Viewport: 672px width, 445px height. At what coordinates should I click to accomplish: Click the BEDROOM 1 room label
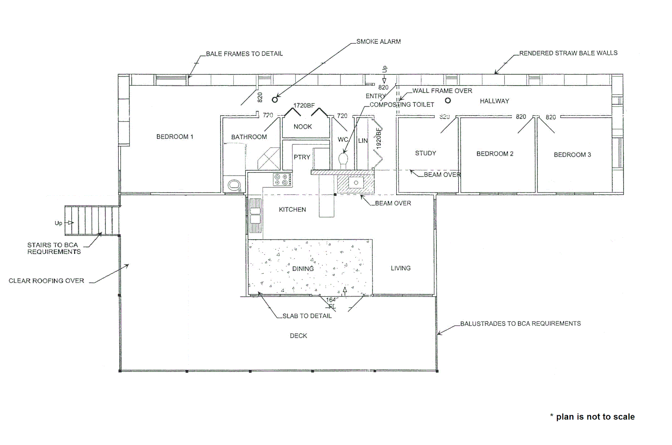(x=175, y=137)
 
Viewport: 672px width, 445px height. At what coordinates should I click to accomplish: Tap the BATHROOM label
(x=249, y=137)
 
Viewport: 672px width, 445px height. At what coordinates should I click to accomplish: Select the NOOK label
(x=303, y=126)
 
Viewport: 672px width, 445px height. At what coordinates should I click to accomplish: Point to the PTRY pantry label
(x=302, y=157)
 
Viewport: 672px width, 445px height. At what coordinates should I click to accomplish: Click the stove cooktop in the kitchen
(x=282, y=180)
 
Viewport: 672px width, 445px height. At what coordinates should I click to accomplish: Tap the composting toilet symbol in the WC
(x=343, y=159)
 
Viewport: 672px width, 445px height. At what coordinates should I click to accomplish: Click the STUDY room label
(x=425, y=153)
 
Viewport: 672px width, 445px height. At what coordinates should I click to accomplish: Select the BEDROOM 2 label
(x=495, y=154)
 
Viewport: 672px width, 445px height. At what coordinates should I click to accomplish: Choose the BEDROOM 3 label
(x=572, y=155)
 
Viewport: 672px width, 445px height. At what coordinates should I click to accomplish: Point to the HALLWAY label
(x=494, y=101)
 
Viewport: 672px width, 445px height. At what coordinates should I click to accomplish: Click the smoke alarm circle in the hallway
(x=448, y=100)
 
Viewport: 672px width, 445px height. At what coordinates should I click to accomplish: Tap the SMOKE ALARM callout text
(x=378, y=42)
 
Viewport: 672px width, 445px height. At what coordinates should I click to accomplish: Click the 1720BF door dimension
(x=304, y=105)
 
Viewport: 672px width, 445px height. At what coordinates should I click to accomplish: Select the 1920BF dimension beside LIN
(x=379, y=138)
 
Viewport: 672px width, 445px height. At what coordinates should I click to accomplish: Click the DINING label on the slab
(x=303, y=269)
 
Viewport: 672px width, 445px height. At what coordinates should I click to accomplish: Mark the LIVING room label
(x=401, y=268)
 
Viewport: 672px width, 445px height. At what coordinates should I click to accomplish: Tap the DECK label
(x=298, y=336)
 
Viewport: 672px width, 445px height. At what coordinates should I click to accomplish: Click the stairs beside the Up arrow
(x=92, y=220)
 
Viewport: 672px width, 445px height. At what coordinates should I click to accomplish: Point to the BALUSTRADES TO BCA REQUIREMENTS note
(x=520, y=324)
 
